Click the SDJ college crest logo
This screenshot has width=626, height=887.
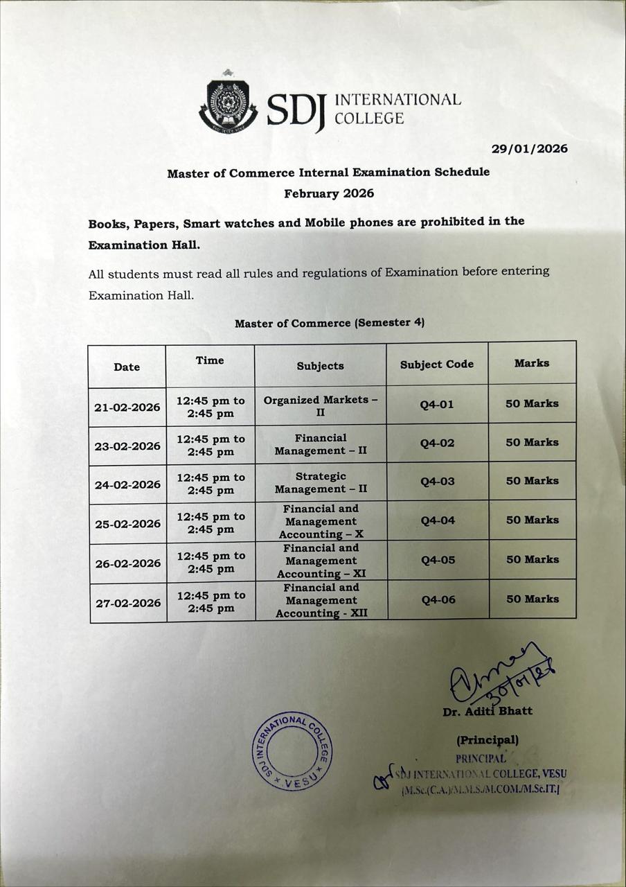point(227,107)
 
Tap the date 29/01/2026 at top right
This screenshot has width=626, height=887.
point(529,149)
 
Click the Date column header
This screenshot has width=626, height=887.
point(127,367)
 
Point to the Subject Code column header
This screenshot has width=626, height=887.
point(437,364)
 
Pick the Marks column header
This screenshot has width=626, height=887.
point(532,362)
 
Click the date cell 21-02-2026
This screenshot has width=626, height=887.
point(127,407)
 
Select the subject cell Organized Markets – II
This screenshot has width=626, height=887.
point(321,406)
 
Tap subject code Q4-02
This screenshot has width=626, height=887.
point(438,443)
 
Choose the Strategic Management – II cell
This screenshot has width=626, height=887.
point(321,482)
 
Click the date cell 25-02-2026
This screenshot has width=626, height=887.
point(127,524)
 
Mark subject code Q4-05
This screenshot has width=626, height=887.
point(438,560)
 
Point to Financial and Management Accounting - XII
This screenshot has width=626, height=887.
point(321,600)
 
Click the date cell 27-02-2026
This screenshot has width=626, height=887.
point(128,603)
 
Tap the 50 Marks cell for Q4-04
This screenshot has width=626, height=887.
point(532,520)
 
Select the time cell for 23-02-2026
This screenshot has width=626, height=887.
point(211,446)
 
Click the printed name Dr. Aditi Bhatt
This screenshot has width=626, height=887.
point(488,712)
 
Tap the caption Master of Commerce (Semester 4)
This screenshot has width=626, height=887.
point(330,323)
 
